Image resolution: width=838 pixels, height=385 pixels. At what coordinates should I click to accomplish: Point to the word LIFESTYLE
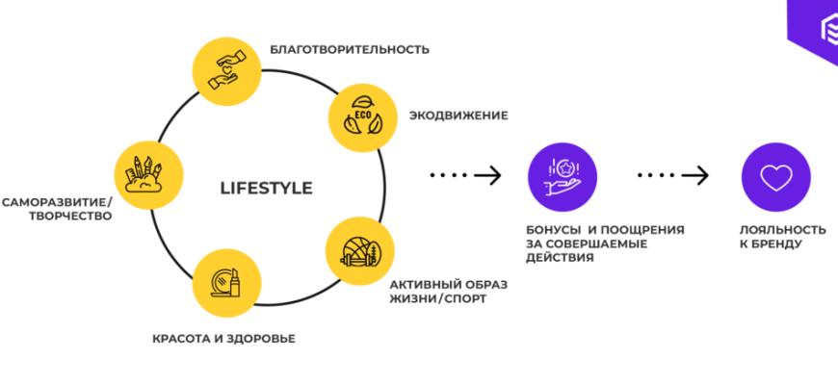[267, 188]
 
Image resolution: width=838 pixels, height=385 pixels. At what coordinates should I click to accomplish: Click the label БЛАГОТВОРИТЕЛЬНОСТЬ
[349, 49]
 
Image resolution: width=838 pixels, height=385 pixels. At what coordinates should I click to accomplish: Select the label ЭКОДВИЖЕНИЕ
[458, 115]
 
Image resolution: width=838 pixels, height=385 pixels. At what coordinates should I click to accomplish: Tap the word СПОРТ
[463, 298]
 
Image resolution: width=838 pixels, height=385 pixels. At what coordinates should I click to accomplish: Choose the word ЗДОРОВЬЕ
[265, 339]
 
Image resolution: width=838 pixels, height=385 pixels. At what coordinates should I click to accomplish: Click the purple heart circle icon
[774, 176]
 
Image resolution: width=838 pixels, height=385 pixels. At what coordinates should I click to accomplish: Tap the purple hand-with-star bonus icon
[563, 176]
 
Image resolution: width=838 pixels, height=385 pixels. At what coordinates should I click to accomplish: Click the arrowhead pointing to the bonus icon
[494, 175]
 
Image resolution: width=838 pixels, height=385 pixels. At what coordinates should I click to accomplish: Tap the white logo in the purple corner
[819, 30]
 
